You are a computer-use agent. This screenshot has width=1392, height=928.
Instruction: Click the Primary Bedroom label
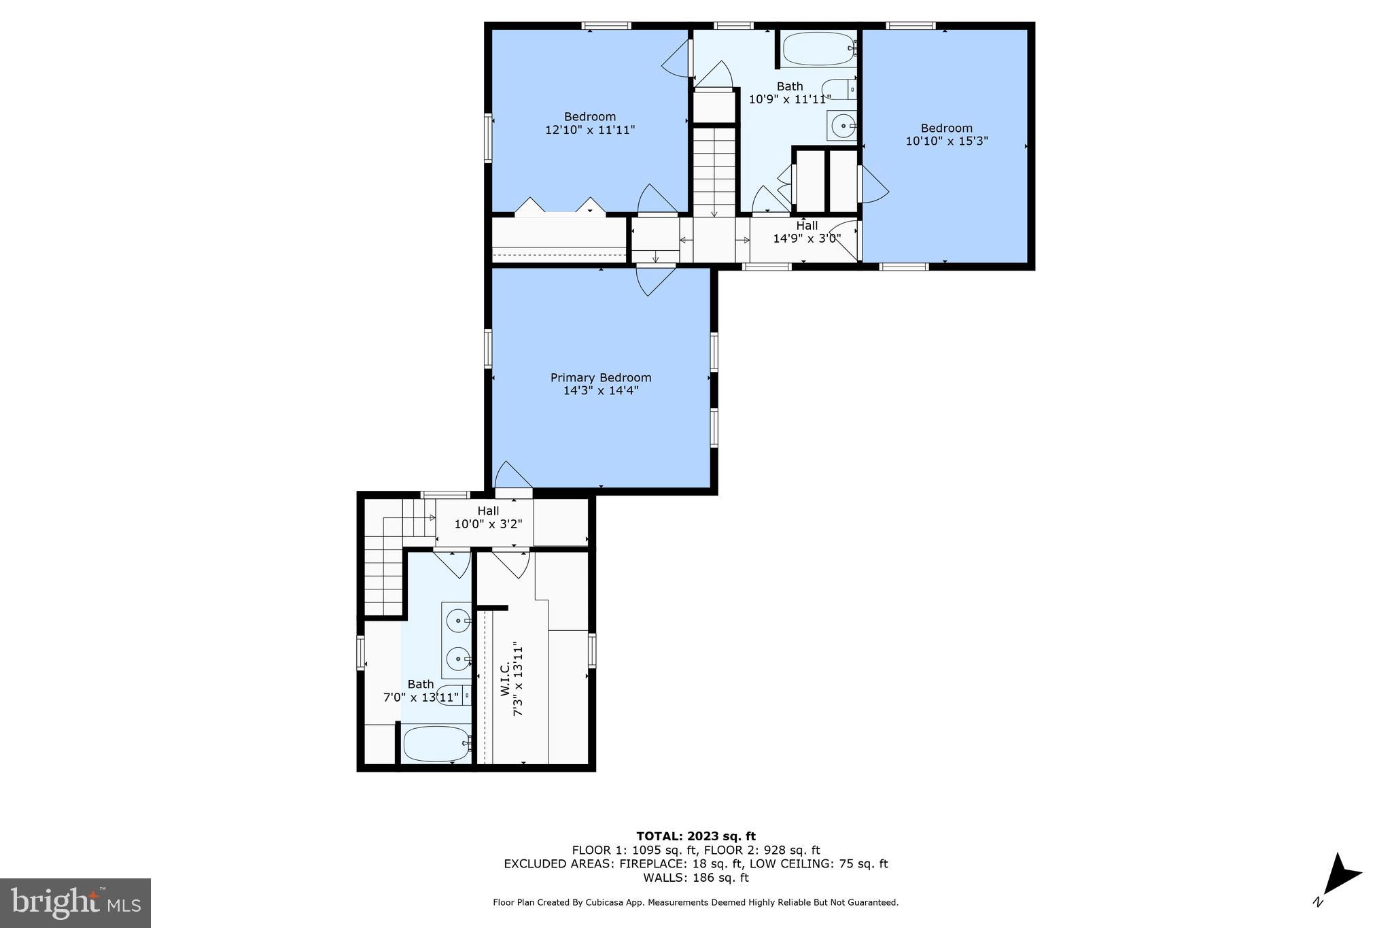601,378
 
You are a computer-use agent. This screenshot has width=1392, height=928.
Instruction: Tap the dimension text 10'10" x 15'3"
946,141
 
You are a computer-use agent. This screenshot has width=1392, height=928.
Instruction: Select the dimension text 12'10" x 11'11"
590,130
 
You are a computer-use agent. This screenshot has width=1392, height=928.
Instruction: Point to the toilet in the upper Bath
838,89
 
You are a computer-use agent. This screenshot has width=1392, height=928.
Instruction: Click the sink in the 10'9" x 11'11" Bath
843,126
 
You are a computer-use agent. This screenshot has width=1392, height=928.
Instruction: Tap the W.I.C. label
505,681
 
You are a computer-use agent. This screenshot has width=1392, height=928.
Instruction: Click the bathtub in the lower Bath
436,744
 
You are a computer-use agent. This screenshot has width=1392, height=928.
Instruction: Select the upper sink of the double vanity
457,620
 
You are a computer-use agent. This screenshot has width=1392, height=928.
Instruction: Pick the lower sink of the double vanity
457,659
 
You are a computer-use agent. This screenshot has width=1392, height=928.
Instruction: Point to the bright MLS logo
75,902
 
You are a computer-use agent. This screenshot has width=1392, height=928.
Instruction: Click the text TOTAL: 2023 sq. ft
695,836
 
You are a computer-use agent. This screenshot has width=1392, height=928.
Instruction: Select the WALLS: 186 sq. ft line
695,878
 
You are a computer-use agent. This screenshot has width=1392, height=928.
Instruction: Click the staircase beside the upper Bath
714,173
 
